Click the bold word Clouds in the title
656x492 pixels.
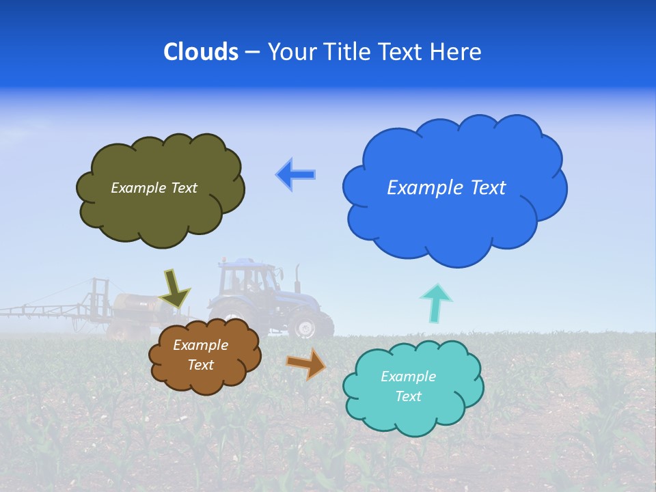coord(201,52)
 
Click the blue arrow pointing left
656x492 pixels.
coord(296,174)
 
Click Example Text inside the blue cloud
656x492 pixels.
coord(446,188)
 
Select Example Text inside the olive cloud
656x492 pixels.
coord(154,188)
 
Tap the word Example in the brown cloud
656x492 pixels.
coord(200,345)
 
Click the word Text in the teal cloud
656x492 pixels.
coord(408,396)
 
